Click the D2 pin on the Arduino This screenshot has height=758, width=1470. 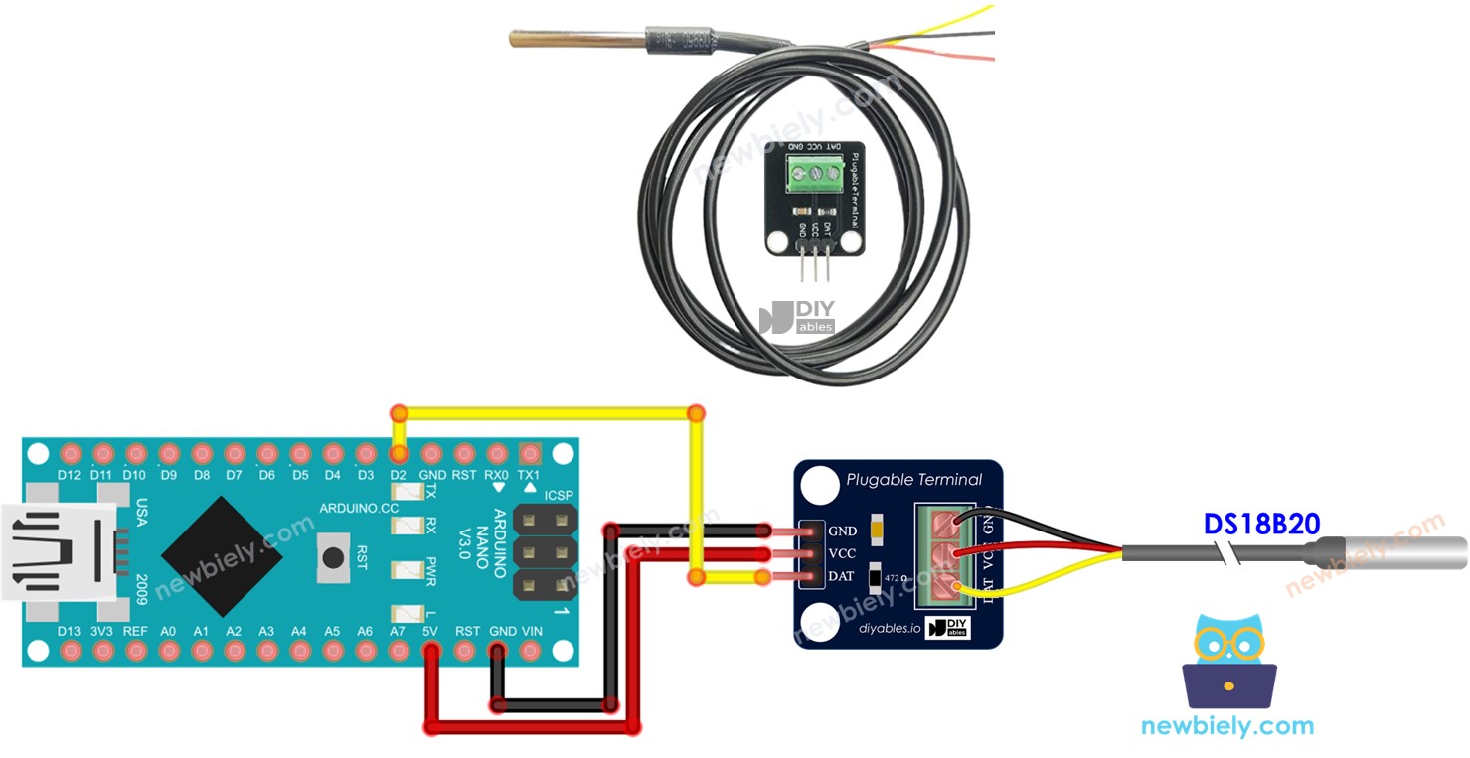tap(399, 454)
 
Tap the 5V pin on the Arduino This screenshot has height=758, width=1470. tap(431, 652)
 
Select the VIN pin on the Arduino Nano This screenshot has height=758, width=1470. tap(532, 652)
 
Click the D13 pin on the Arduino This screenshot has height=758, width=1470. tap(69, 652)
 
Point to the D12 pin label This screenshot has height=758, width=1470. tap(69, 475)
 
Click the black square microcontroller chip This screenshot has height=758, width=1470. tap(221, 552)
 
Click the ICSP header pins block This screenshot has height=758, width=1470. tap(545, 552)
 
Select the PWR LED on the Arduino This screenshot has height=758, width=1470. tap(405, 570)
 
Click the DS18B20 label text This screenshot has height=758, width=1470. tap(1261, 523)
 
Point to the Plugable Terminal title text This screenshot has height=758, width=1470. tap(913, 480)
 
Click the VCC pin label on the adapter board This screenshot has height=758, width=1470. tap(842, 554)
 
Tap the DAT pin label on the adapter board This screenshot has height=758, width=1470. tap(842, 577)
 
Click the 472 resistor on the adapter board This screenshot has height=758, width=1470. tap(876, 577)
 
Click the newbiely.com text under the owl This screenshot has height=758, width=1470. tap(1227, 726)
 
